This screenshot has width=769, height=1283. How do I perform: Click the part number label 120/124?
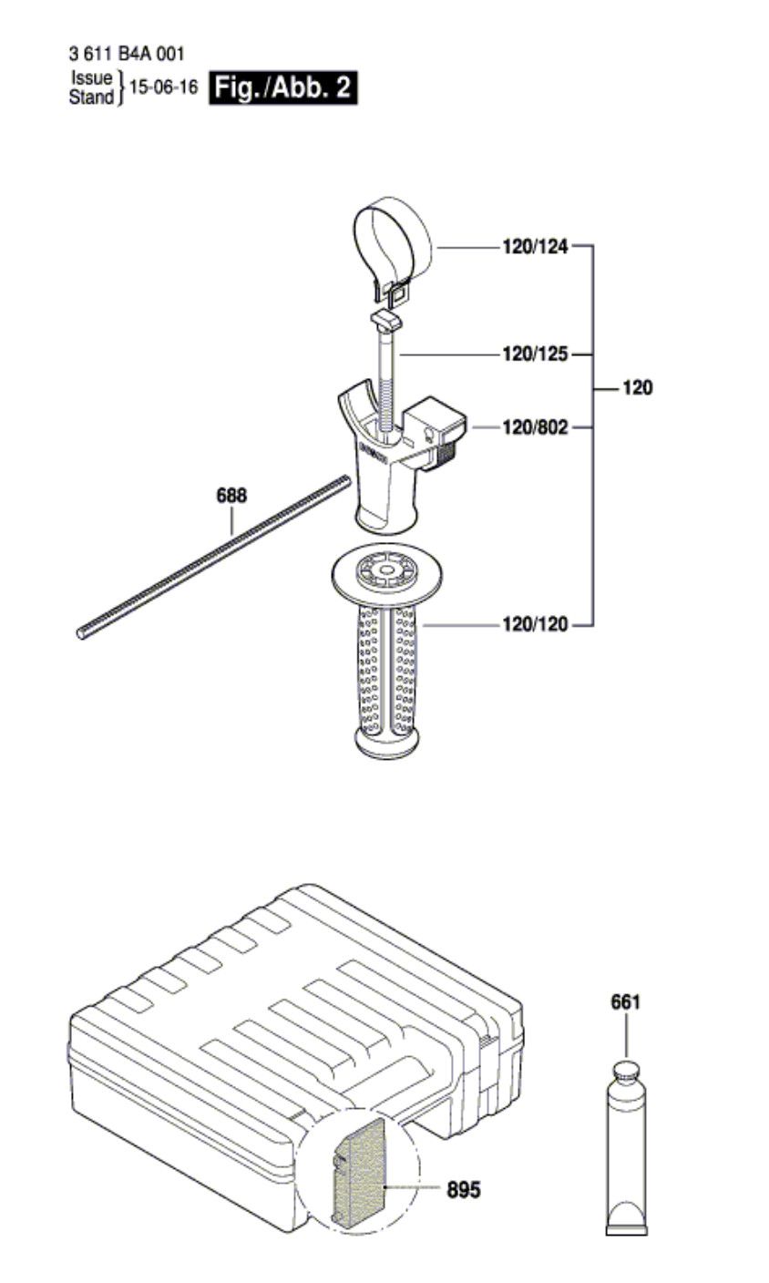[x=535, y=247]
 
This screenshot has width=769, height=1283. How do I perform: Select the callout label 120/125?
[x=535, y=354]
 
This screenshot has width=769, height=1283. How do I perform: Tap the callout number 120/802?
[x=535, y=427]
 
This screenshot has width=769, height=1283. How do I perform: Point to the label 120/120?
[x=535, y=624]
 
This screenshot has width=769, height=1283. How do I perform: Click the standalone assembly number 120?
[x=637, y=388]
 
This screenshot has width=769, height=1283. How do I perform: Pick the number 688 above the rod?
[x=232, y=495]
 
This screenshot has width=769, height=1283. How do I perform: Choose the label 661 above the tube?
[x=625, y=1002]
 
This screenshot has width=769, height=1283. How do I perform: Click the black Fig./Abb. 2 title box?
[x=283, y=87]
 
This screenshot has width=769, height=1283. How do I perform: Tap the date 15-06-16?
[x=164, y=87]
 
